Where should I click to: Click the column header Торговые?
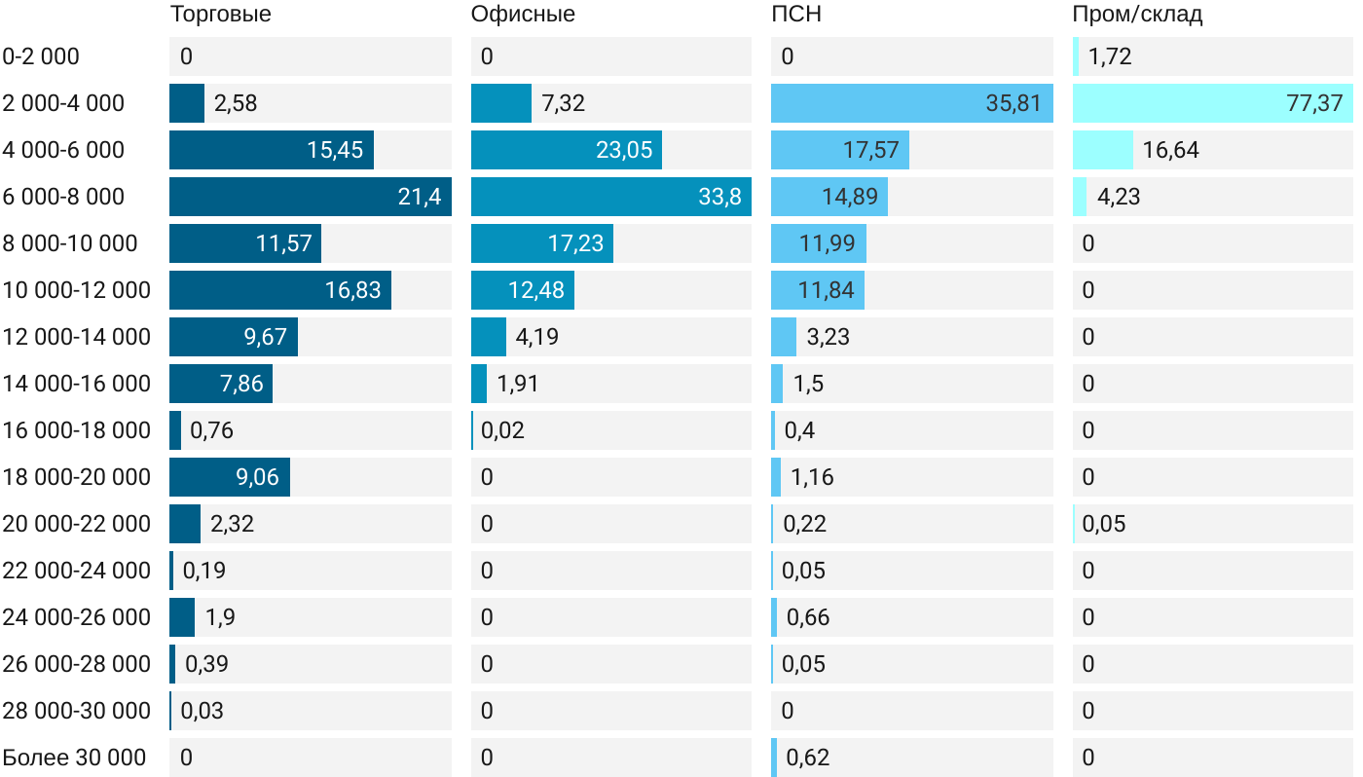[x=220, y=15]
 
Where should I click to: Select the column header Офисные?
[x=522, y=15]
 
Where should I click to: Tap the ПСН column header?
[x=795, y=15]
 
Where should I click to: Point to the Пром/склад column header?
[x=1137, y=15]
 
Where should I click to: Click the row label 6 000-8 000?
[x=64, y=197]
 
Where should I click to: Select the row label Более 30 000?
[x=74, y=758]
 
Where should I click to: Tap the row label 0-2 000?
[x=41, y=56]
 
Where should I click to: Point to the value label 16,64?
[x=1171, y=150]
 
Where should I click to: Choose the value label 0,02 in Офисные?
[x=503, y=430]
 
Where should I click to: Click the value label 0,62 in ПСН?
[x=808, y=758]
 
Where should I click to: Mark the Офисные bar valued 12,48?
[x=523, y=290]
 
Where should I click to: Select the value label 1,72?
[x=1110, y=56]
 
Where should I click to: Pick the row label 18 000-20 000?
[x=77, y=477]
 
